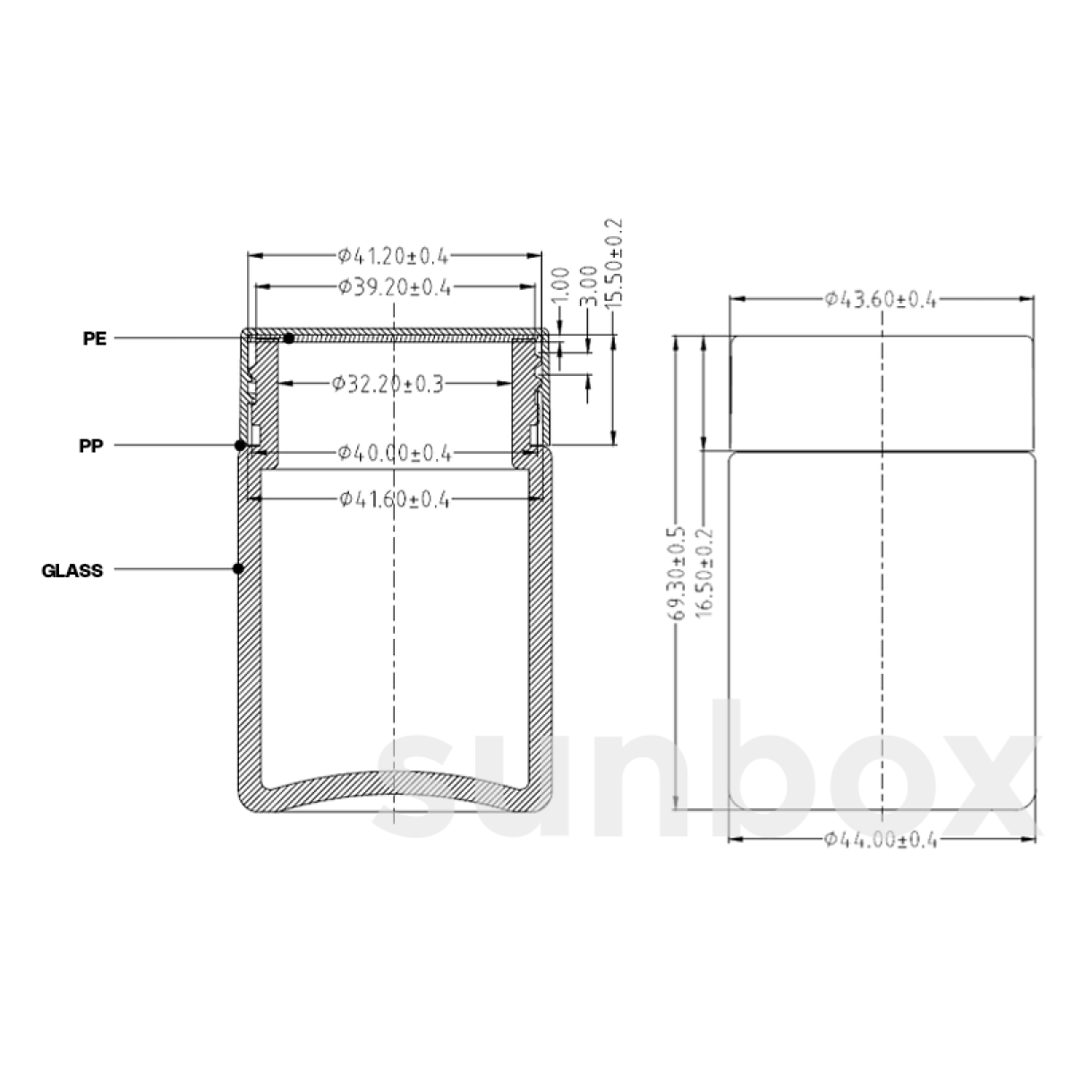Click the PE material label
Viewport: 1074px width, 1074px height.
point(95,338)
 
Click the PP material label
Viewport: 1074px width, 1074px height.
point(91,446)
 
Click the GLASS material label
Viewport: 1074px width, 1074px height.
point(72,571)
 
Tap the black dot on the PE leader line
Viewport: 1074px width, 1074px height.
point(289,338)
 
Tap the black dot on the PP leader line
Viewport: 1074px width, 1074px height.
point(240,446)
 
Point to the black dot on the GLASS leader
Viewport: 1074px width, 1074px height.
point(238,568)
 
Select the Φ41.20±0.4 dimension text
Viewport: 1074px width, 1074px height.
point(394,256)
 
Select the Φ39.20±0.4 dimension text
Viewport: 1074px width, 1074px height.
point(395,287)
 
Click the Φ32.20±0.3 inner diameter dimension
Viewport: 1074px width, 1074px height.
point(388,383)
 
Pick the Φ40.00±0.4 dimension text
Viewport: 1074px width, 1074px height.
point(395,453)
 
